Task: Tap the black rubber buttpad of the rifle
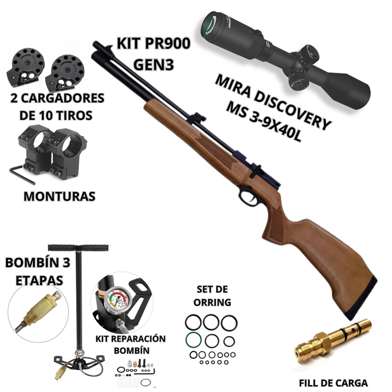click(x=361, y=298)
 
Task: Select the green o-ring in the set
click(x=193, y=340)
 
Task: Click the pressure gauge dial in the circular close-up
click(x=118, y=300)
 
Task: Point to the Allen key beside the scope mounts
click(x=21, y=174)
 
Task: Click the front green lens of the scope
click(x=210, y=25)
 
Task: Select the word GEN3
click(x=153, y=65)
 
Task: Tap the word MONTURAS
click(x=59, y=196)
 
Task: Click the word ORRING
click(x=212, y=302)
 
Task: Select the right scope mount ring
click(x=68, y=153)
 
